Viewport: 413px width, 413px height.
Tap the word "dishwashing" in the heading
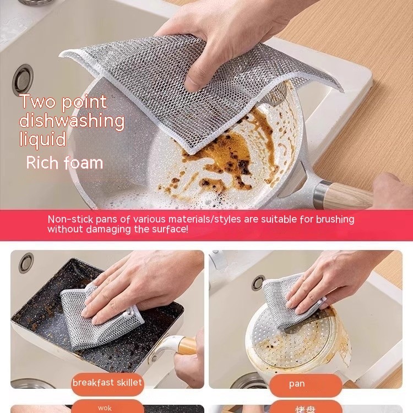pyautogui.click(x=72, y=121)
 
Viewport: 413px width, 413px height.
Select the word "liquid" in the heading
pyautogui.click(x=43, y=139)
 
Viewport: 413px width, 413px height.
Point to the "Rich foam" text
pyautogui.click(x=64, y=162)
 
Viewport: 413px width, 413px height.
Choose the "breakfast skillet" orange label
pyautogui.click(x=107, y=383)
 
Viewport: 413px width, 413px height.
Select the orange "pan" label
pyautogui.click(x=297, y=384)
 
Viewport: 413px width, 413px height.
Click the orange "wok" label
pyautogui.click(x=105, y=408)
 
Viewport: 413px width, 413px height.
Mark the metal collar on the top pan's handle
pyautogui.click(x=323, y=189)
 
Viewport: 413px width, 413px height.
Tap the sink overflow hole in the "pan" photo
pyautogui.click(x=258, y=282)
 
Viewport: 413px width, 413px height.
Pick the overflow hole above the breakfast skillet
pyautogui.click(x=26, y=263)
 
